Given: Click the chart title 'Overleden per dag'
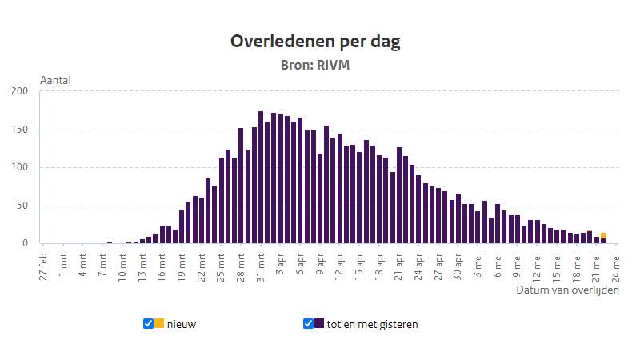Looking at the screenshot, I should pyautogui.click(x=315, y=42).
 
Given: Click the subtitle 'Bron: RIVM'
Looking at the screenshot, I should pyautogui.click(x=315, y=65).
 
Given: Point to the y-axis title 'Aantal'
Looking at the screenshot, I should pyautogui.click(x=55, y=81).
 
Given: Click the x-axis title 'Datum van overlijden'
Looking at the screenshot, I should pyautogui.click(x=567, y=290).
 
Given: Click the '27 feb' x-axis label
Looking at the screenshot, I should pyautogui.click(x=44, y=264).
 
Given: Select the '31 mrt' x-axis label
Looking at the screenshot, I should pyautogui.click(x=261, y=264).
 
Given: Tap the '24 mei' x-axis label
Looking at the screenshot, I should pyautogui.click(x=616, y=264).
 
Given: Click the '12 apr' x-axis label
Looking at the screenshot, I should pyautogui.click(x=339, y=264).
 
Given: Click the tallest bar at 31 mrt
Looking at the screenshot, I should pyautogui.click(x=261, y=178).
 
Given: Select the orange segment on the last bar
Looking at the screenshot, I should pyautogui.click(x=603, y=235).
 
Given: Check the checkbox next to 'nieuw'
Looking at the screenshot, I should pyautogui.click(x=148, y=323).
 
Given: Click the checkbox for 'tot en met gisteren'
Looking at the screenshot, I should pyautogui.click(x=309, y=323).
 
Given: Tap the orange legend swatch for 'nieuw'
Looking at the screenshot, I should pyautogui.click(x=159, y=323).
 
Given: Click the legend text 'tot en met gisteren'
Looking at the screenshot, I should pyautogui.click(x=372, y=324).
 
